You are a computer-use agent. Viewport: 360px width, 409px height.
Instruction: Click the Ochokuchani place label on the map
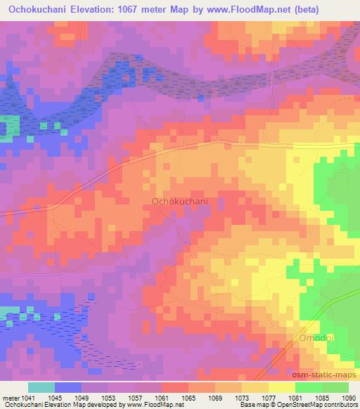(x=180, y=202)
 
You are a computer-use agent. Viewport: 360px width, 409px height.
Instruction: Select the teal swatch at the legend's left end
(x=41, y=387)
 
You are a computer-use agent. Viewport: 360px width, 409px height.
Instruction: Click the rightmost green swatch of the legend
(x=335, y=387)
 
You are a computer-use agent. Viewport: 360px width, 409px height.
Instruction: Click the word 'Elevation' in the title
(x=94, y=10)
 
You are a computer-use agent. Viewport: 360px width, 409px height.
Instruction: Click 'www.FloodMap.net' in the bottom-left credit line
(x=149, y=405)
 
